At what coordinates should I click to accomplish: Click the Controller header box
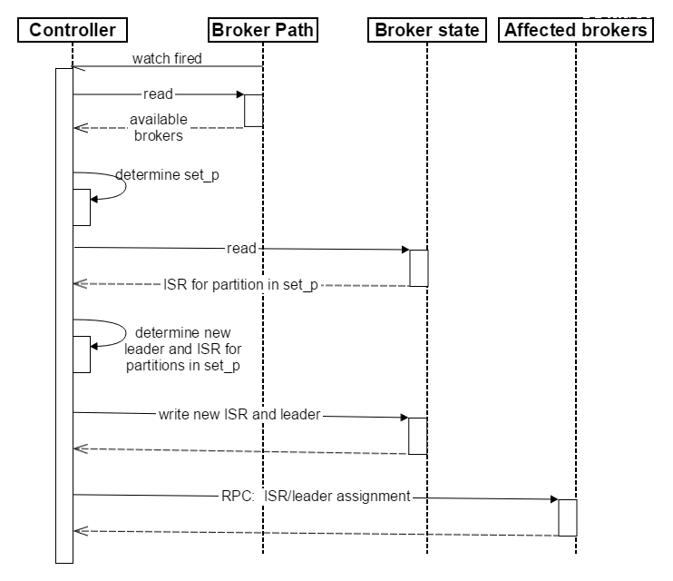(73, 30)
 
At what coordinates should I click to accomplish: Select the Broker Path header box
(263, 30)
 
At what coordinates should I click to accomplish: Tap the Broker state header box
(427, 30)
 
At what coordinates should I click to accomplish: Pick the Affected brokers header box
(576, 30)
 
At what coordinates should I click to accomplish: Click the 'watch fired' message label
(167, 58)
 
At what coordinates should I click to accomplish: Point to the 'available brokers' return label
(159, 127)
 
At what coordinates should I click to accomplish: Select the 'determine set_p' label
(168, 175)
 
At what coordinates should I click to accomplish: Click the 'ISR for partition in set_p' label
(240, 284)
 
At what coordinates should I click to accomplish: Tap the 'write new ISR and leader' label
(239, 414)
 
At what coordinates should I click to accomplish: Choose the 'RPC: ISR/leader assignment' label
(316, 496)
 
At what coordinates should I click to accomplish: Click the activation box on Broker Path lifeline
(254, 111)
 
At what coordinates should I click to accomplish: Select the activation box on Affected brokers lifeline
(568, 517)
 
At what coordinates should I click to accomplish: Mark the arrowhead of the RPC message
(554, 499)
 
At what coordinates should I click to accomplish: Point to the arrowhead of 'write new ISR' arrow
(405, 418)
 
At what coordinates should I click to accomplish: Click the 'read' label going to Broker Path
(158, 94)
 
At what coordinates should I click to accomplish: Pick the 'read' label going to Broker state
(241, 249)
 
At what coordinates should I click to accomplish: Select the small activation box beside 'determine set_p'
(82, 207)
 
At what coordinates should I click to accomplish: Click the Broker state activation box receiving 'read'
(419, 268)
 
